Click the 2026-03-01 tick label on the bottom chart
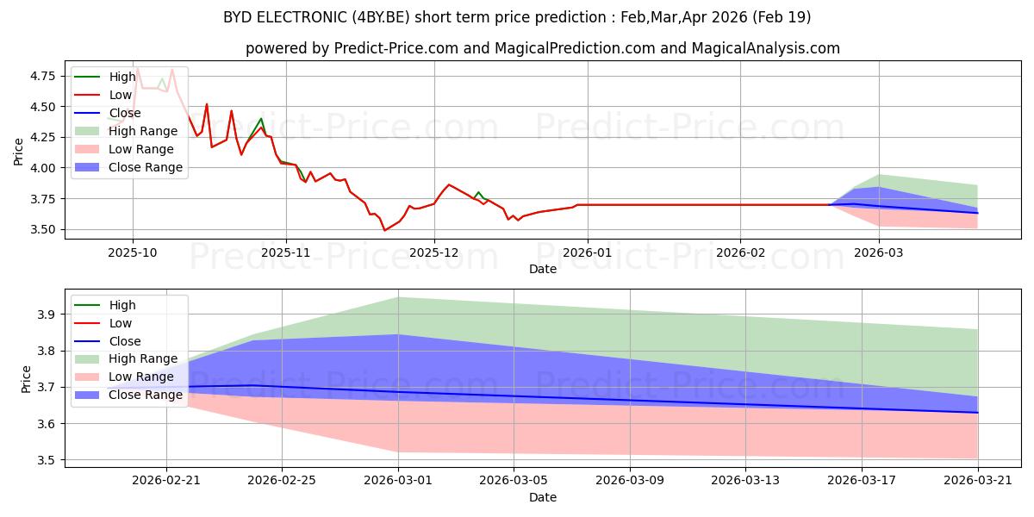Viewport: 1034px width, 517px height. pos(399,479)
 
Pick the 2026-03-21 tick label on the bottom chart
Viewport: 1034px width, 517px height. pos(978,479)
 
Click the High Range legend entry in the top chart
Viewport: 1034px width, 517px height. pos(143,131)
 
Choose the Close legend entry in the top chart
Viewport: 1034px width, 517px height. pos(125,113)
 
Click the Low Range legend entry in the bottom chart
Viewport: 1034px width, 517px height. pos(141,377)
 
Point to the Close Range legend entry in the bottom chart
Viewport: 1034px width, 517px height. pos(146,395)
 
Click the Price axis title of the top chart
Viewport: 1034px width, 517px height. pos(19,152)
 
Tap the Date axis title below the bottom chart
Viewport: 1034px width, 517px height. pos(543,497)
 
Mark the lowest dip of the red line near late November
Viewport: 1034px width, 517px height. pos(384,230)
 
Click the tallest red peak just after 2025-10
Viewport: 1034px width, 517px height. pos(137,68)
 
